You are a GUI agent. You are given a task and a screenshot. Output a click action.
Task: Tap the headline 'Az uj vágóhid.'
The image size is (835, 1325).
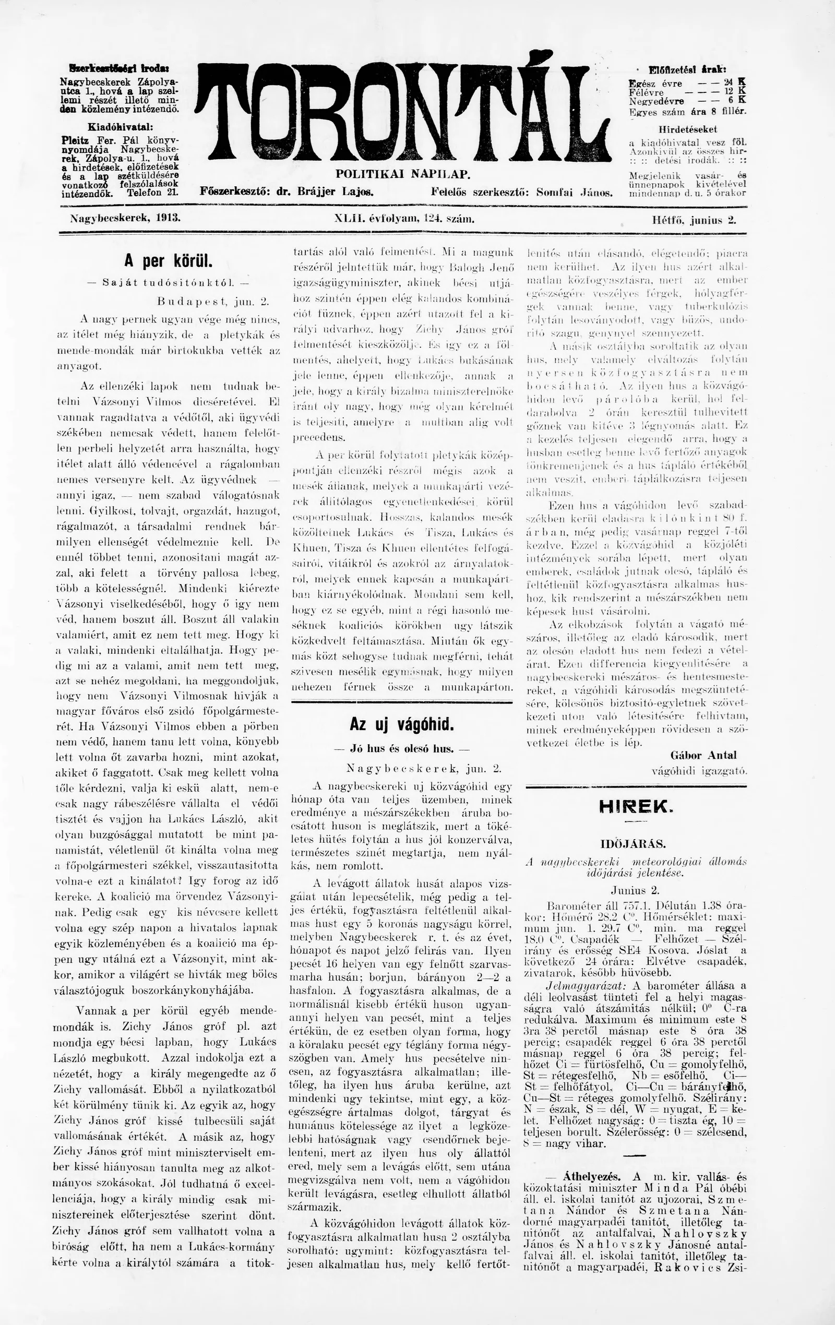pos(402,724)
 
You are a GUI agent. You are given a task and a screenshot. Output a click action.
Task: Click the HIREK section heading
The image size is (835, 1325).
pos(636,807)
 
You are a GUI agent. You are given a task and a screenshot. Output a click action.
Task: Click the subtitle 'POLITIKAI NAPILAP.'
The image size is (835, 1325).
pos(403,174)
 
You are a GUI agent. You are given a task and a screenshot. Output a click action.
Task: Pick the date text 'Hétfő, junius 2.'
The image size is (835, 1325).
pos(694,219)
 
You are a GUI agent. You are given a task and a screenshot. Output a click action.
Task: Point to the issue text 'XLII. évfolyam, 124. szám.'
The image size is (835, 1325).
pos(404,219)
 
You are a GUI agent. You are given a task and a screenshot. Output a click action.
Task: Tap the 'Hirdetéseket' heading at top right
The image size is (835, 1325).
pos(687,130)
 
